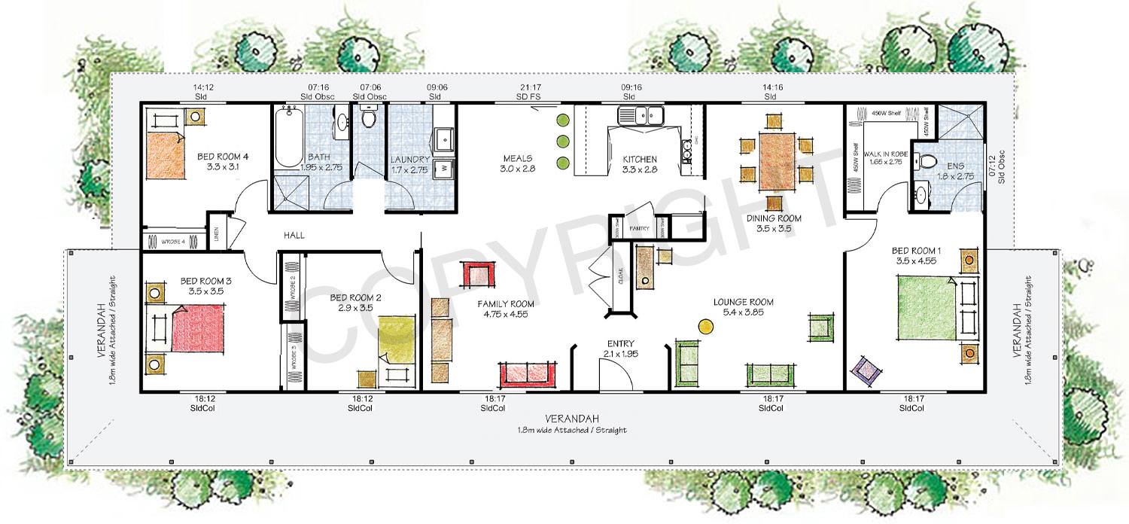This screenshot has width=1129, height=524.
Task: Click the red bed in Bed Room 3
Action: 198,328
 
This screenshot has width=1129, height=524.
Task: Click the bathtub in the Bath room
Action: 288,139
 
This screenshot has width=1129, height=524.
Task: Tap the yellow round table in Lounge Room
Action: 705,326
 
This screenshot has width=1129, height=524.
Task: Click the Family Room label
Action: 506,309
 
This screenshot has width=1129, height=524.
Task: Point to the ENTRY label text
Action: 620,343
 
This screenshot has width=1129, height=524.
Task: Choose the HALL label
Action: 294,236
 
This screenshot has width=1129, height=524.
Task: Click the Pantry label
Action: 640,227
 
